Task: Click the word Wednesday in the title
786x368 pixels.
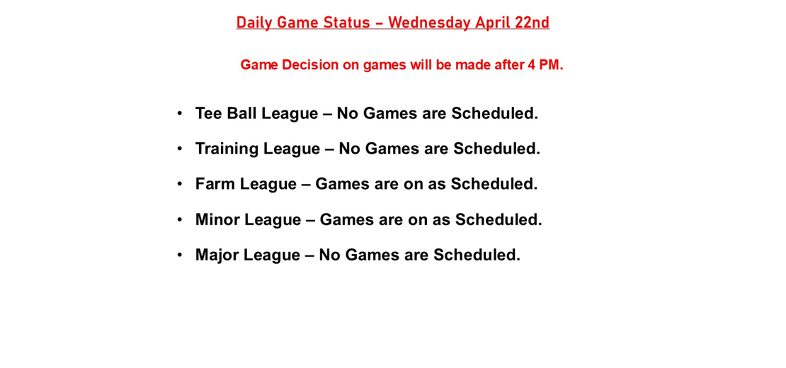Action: (429, 23)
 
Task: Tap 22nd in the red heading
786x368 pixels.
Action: (532, 23)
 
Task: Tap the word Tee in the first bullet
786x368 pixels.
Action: (208, 113)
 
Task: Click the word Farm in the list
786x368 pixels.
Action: (215, 184)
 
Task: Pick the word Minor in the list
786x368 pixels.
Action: (217, 219)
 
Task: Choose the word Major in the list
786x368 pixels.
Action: (217, 255)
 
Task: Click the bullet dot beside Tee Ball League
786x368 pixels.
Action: (180, 113)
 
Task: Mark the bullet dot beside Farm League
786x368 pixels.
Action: (180, 184)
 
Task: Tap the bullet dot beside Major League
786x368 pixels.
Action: (180, 255)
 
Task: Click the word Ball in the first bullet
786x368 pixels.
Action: (241, 113)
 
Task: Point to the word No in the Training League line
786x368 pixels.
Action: (349, 149)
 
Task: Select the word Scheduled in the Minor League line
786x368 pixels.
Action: (498, 219)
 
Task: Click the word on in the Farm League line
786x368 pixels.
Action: (413, 184)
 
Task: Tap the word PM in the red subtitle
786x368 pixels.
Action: (551, 65)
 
